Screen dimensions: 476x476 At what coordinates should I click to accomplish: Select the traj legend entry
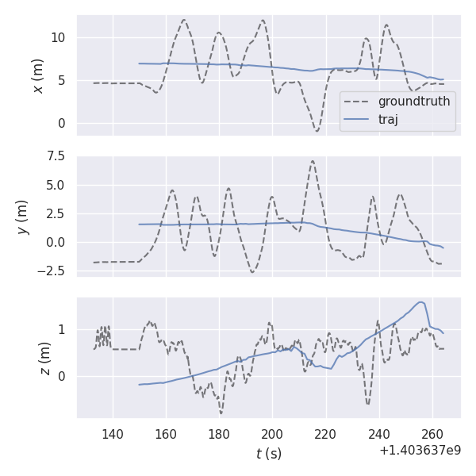click(388, 119)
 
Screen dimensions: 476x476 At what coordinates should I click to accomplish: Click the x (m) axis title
click(37, 75)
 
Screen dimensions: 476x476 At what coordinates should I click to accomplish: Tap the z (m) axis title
click(44, 358)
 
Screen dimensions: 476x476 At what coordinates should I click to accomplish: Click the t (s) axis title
click(268, 454)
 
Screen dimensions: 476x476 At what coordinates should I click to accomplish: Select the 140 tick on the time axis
click(113, 433)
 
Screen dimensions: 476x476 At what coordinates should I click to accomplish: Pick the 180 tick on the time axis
click(219, 433)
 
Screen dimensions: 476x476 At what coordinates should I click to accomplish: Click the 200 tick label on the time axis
click(272, 433)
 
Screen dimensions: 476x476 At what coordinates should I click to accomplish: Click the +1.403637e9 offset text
click(420, 450)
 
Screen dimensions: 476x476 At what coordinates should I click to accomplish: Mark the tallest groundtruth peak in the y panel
click(313, 161)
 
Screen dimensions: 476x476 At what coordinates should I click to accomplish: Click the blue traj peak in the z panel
click(421, 301)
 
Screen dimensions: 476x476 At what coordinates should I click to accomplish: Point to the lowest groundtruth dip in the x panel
click(317, 131)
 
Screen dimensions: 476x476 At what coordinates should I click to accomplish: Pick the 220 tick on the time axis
click(325, 433)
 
